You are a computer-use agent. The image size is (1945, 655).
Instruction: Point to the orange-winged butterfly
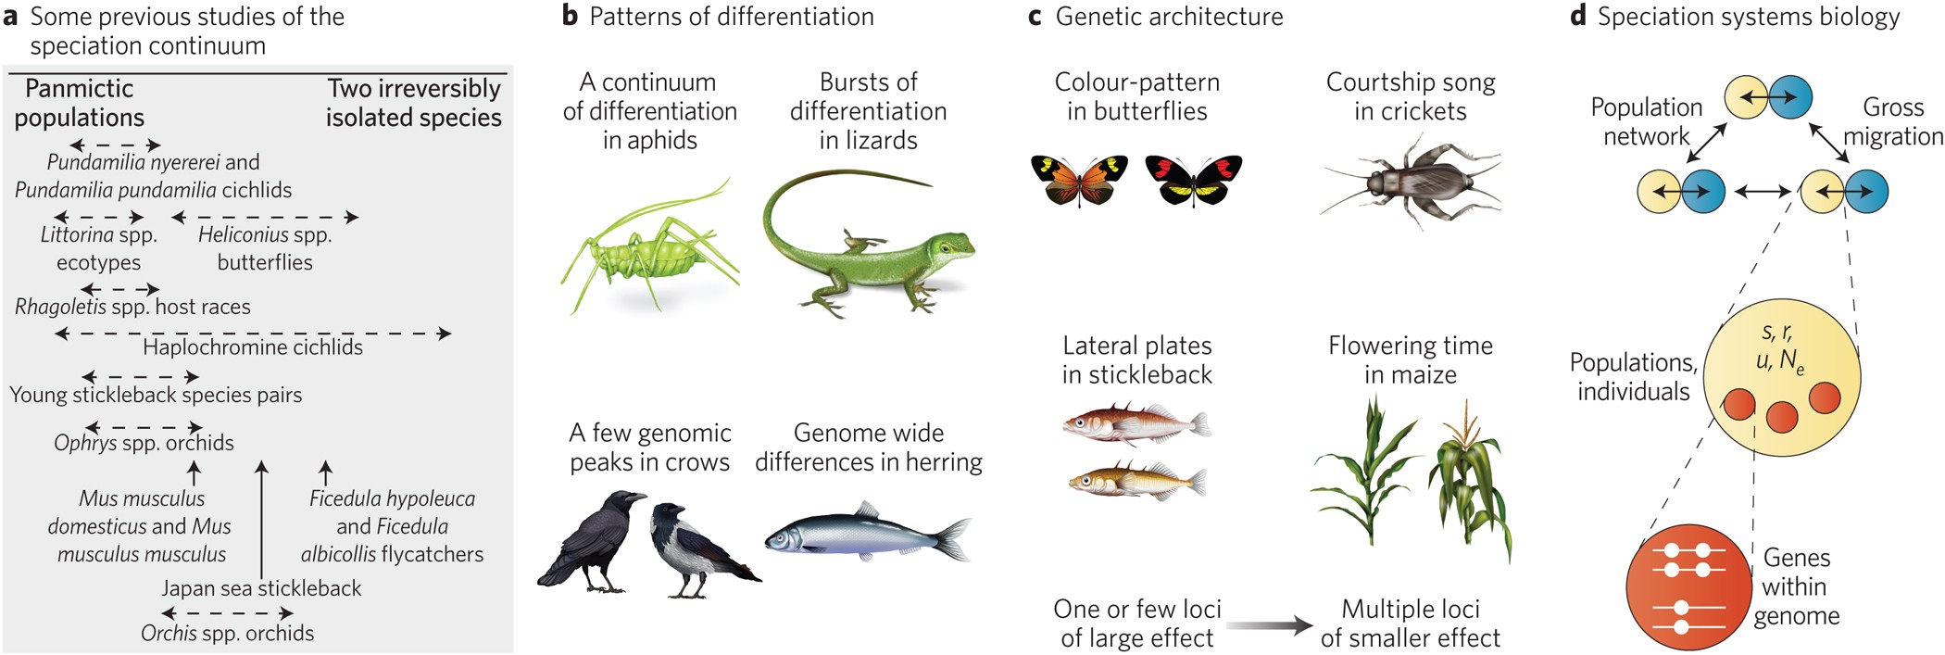pos(1079,179)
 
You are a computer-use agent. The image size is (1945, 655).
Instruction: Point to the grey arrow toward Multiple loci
pos(1269,625)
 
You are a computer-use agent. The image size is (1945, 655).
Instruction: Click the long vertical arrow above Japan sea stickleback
pos(262,519)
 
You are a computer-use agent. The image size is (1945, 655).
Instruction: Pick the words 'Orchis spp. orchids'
pos(227,634)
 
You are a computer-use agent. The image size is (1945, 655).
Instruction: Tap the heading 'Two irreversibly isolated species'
pos(413,103)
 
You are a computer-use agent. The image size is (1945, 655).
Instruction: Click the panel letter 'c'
pos(1035,17)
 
